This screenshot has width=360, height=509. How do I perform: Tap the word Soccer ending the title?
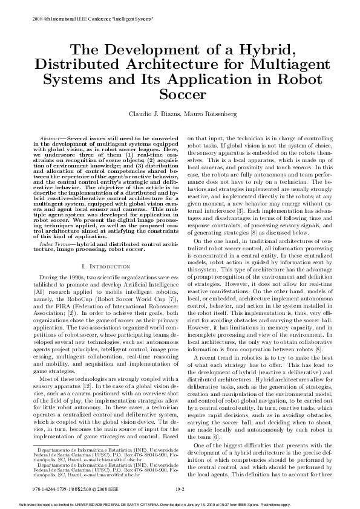pyautogui.click(x=180, y=94)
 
